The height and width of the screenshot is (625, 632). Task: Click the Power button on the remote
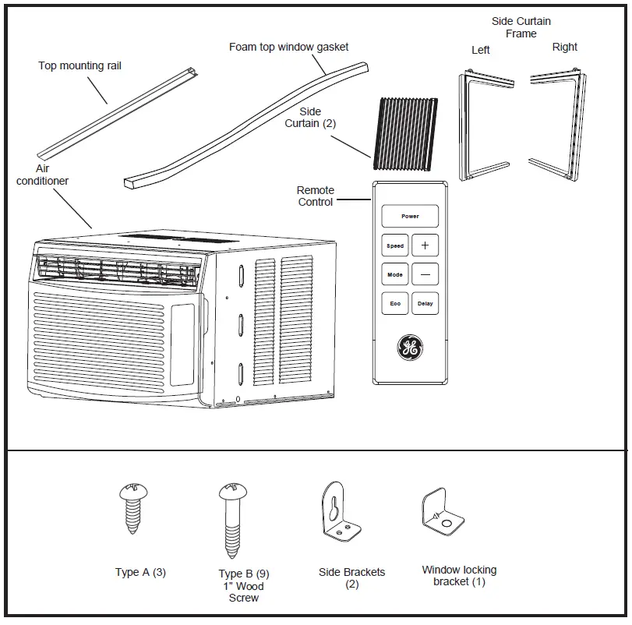(410, 216)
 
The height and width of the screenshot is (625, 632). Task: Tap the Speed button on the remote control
(395, 245)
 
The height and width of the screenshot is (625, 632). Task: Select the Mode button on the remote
(395, 274)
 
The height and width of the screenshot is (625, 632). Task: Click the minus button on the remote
(425, 274)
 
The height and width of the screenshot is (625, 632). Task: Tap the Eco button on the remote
(395, 303)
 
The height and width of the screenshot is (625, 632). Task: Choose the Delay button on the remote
(425, 303)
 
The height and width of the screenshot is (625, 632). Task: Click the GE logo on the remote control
(410, 348)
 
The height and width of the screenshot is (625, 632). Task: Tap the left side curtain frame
(483, 125)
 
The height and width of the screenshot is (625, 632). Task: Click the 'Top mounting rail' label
(80, 65)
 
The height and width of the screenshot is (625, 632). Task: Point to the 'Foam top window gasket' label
(288, 47)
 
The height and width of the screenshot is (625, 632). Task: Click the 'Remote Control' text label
(316, 196)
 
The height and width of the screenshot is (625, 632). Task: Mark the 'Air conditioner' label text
(43, 175)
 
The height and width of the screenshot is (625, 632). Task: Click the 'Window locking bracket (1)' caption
(459, 576)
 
